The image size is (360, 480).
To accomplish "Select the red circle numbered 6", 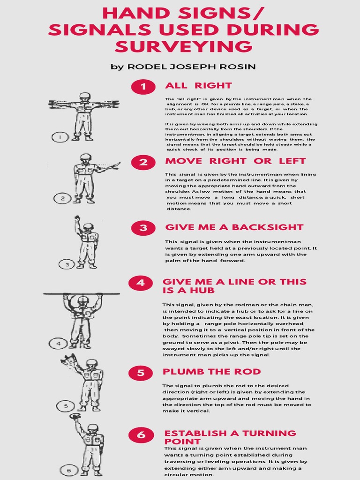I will (141, 435).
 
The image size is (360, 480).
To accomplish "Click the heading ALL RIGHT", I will (198, 85).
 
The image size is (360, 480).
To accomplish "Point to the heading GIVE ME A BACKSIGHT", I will (234, 227).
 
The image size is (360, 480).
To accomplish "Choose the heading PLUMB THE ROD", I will (211, 372).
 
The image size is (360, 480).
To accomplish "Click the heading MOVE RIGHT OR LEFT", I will (235, 161).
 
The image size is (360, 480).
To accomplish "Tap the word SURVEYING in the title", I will (184, 46).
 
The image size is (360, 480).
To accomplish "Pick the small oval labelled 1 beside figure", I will (60, 137).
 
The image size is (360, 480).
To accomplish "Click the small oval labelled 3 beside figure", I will (67, 264).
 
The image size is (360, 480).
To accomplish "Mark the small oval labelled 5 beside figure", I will (66, 406).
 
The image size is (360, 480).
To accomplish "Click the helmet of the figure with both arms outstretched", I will (84, 96).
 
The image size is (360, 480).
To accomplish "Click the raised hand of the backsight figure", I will (77, 218).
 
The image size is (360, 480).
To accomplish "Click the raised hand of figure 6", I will (75, 416).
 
